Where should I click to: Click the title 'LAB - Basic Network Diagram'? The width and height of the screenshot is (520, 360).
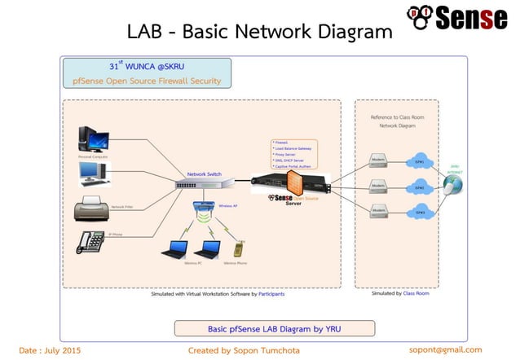pos(259,32)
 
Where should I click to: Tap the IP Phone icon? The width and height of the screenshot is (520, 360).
pos(90,242)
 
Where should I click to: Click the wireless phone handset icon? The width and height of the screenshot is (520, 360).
pos(237,248)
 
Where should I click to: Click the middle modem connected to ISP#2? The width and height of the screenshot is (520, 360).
pos(378,187)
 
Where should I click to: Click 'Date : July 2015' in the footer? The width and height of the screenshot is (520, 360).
pos(50,350)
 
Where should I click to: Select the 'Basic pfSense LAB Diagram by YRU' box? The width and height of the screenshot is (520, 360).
pos(275,328)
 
